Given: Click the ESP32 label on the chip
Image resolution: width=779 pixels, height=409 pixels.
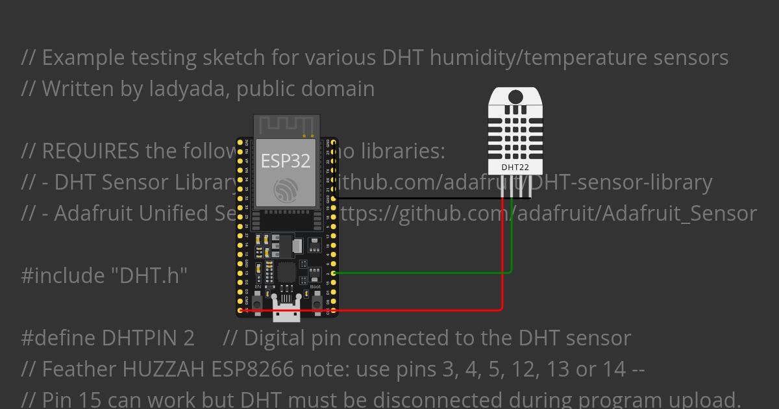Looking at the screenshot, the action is click(286, 160).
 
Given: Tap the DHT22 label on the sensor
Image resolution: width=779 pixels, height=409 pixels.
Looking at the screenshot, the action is click(515, 167).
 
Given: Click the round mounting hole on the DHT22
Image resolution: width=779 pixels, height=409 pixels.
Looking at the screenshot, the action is click(515, 97).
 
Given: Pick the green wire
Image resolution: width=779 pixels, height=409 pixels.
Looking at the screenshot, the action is click(422, 273).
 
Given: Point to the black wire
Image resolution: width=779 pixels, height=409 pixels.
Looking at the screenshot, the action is click(428, 198).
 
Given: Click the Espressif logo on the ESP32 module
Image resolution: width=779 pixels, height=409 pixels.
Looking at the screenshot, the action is click(286, 190).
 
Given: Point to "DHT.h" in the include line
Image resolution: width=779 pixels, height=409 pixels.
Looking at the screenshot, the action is click(147, 276).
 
